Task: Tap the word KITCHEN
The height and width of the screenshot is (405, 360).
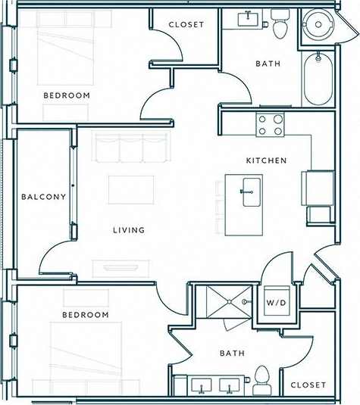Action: click(265, 160)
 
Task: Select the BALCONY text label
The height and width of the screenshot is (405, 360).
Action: click(43, 197)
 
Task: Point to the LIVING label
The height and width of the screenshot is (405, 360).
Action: click(129, 230)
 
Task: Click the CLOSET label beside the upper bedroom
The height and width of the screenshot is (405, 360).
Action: click(186, 24)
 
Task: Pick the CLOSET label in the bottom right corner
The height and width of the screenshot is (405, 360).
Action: click(308, 385)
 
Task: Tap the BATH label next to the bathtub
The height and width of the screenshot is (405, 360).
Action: click(268, 64)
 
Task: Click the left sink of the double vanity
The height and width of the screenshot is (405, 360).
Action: click(203, 386)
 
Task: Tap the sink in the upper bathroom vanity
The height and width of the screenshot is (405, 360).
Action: click(249, 19)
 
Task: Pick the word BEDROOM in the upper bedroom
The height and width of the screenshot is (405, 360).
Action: click(66, 95)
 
